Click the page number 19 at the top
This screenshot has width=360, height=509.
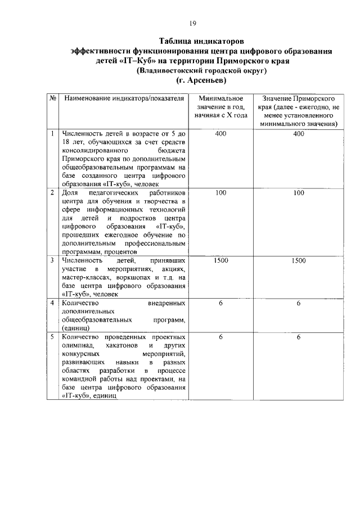coord(192,22)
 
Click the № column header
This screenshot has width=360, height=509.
coord(52,98)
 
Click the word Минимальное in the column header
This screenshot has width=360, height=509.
coord(220,98)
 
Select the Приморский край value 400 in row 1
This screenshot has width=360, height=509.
coord(299,134)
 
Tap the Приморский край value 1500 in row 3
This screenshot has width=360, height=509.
coord(299,260)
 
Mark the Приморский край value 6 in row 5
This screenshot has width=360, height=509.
coord(299,336)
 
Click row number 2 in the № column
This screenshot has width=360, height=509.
coord(52,192)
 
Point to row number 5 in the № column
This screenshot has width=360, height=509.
coord(52,336)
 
